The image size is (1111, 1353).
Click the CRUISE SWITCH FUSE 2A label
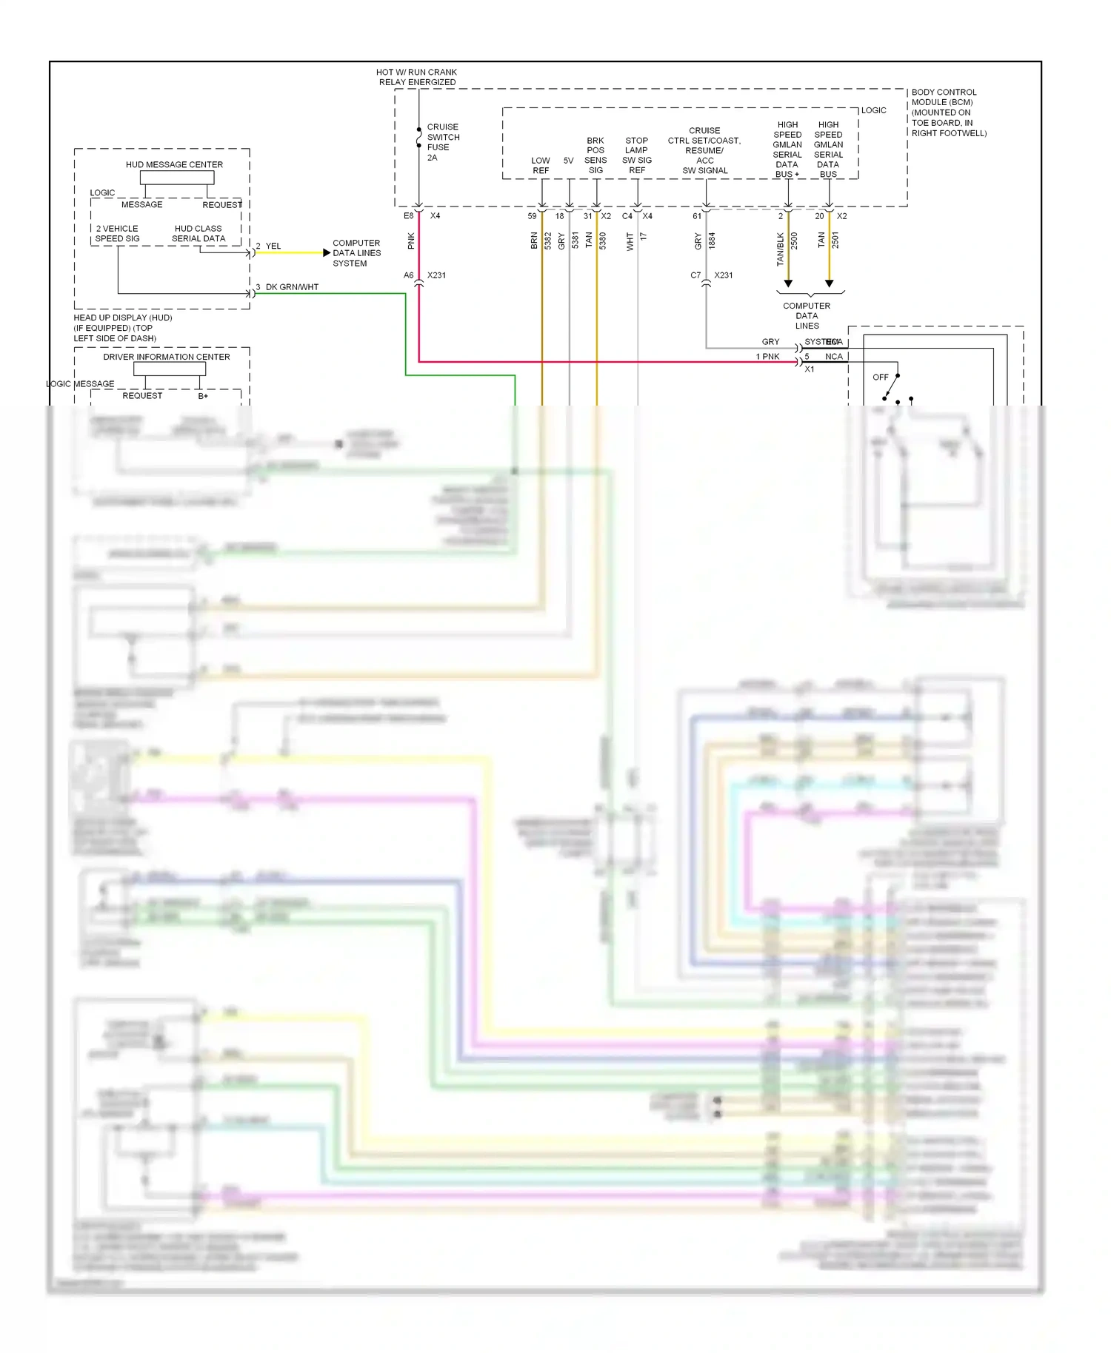(x=442, y=142)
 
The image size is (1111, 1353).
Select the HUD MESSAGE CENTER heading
(x=174, y=164)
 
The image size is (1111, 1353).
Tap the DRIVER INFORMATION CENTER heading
(x=166, y=357)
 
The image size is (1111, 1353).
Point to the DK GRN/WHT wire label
(x=292, y=287)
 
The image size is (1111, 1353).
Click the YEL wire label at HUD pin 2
(x=273, y=246)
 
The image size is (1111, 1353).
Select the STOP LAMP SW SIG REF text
(x=636, y=155)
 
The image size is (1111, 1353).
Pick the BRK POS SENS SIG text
(x=595, y=155)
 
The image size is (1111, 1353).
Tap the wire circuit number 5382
(x=548, y=241)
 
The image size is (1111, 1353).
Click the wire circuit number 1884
(x=712, y=241)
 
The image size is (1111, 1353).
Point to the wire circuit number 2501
(x=835, y=241)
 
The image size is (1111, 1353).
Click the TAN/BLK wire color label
(x=780, y=249)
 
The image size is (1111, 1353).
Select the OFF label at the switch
(x=880, y=377)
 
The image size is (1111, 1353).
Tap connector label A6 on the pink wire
(x=408, y=275)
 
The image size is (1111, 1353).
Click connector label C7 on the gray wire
(x=695, y=275)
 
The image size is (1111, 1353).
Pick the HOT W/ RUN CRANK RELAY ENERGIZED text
(x=417, y=77)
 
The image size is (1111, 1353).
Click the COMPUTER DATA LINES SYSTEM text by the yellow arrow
(x=356, y=253)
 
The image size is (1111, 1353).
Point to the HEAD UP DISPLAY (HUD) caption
(x=123, y=327)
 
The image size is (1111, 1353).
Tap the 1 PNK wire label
(x=767, y=357)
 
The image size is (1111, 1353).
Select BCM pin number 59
(x=532, y=216)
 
